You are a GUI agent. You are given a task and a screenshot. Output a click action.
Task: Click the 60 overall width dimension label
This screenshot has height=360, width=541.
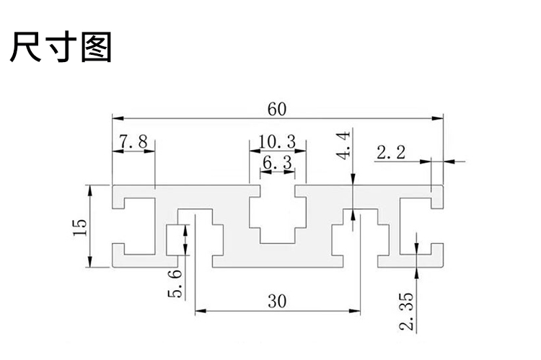point(276,109)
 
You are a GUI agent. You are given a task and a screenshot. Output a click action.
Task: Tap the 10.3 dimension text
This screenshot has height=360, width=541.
point(276,141)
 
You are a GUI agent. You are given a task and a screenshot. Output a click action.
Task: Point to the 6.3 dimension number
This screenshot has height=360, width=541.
point(276,164)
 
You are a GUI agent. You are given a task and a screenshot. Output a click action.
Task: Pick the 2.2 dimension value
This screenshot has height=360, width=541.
point(392,152)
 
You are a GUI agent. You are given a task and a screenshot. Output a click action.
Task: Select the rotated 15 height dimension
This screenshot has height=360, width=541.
point(79,227)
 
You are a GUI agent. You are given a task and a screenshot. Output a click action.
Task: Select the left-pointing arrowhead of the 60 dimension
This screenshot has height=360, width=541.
point(116,117)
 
